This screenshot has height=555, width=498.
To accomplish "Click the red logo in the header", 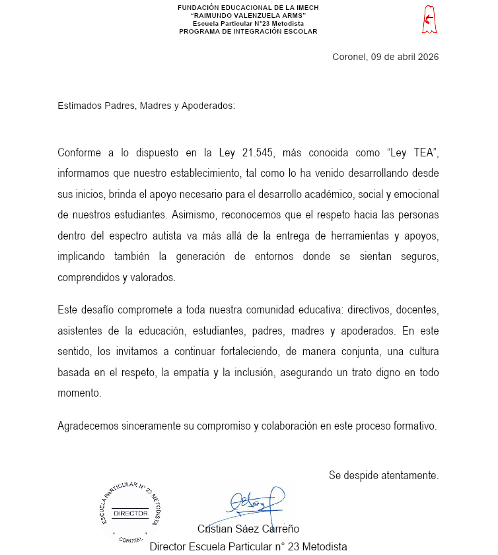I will [x=429, y=20].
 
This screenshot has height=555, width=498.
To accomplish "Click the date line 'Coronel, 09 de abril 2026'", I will [x=385, y=57].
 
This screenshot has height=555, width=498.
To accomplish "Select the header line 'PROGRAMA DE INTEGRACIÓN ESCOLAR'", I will [x=248, y=32].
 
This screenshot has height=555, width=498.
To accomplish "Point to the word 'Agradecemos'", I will [x=88, y=426].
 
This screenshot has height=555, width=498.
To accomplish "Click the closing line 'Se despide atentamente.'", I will [x=384, y=475].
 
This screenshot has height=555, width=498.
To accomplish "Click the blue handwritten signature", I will [x=254, y=502].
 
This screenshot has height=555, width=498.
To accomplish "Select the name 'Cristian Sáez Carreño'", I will [x=248, y=529].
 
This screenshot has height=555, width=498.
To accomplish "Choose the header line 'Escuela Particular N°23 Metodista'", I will [x=248, y=24].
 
